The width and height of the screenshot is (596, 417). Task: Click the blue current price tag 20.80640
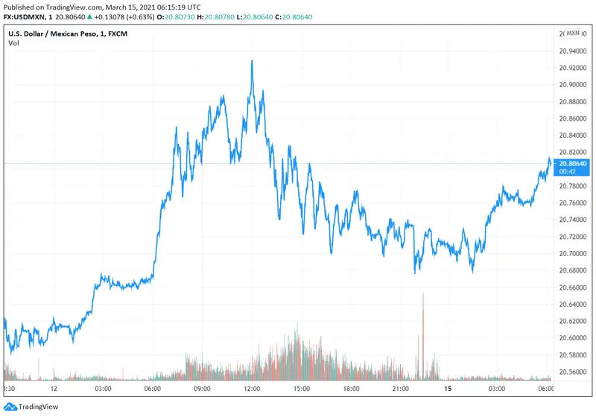coord(572,163)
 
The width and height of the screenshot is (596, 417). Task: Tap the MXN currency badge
coord(573,34)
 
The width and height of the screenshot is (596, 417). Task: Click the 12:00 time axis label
coord(252,389)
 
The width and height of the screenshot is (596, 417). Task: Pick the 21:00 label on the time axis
coord(402,389)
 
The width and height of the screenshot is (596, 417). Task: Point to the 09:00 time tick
coord(203,389)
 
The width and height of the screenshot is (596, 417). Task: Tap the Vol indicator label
coord(13,43)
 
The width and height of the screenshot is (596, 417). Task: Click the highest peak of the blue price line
coord(253,61)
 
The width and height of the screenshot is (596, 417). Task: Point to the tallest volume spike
coord(423,295)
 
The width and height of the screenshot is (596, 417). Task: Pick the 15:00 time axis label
coord(302,389)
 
